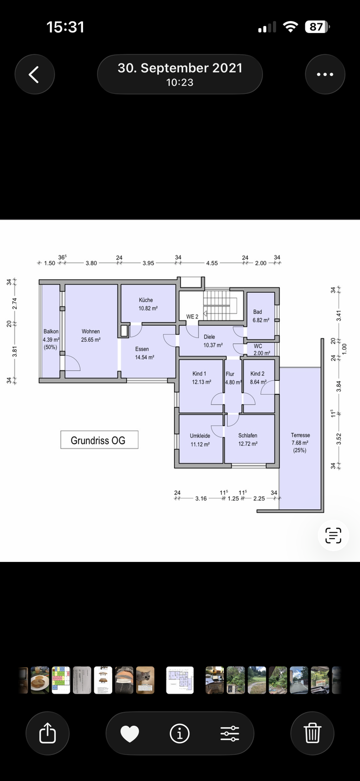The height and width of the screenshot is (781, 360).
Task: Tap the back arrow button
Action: tap(35, 74)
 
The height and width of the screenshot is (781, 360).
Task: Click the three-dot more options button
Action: tap(325, 74)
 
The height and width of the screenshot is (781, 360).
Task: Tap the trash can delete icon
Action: tap(312, 733)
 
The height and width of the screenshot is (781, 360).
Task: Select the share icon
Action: tap(47, 733)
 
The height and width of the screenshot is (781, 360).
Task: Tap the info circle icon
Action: tap(179, 733)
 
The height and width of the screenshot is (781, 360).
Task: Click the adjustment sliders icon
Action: tap(230, 733)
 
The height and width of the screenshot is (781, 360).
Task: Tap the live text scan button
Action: tap(333, 535)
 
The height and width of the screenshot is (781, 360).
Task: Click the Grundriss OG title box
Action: tap(99, 440)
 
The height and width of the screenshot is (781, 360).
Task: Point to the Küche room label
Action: tap(146, 300)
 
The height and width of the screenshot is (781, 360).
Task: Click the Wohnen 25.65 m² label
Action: tap(91, 335)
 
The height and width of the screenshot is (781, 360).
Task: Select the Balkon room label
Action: tap(51, 331)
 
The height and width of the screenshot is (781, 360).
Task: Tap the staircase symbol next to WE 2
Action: tap(220, 305)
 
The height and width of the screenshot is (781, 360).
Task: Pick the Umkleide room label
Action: tap(200, 436)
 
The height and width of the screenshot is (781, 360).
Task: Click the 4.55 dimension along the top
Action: tap(212, 263)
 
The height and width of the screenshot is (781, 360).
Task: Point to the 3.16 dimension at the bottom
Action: tap(201, 498)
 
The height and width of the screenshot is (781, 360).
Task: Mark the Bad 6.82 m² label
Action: tap(261, 316)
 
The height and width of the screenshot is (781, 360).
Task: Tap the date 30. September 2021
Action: tap(180, 68)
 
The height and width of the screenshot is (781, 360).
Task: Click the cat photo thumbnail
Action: tap(145, 680)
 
